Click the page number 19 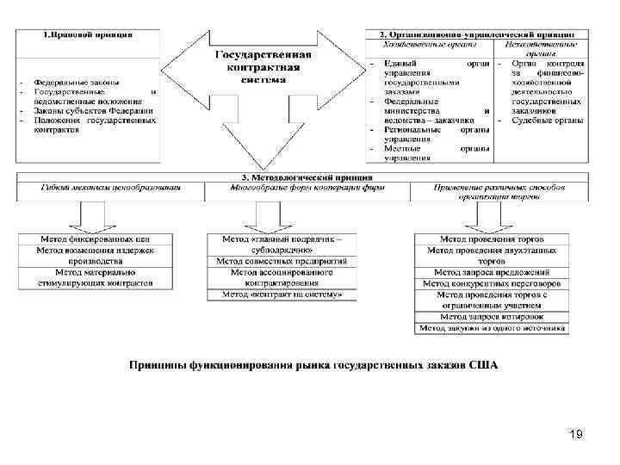pos(576,437)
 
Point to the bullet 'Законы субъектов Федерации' pos(94,110)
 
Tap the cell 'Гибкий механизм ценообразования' pos(111,187)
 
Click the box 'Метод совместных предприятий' pos(282,261)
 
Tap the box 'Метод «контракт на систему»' pos(282,294)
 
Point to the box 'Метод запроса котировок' pos(492,317)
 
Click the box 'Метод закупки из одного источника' pos(492,328)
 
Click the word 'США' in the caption pos(483,365)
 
